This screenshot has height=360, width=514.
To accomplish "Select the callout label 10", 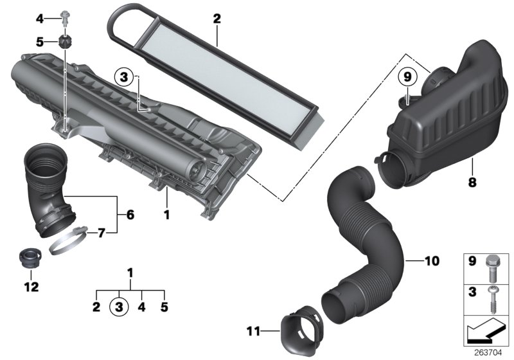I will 431,260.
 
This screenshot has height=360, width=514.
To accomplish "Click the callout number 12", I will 31,285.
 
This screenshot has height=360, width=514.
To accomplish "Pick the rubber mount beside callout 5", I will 66,42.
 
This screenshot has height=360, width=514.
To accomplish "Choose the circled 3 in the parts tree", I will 118,307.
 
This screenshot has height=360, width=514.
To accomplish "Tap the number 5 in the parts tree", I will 164,307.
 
